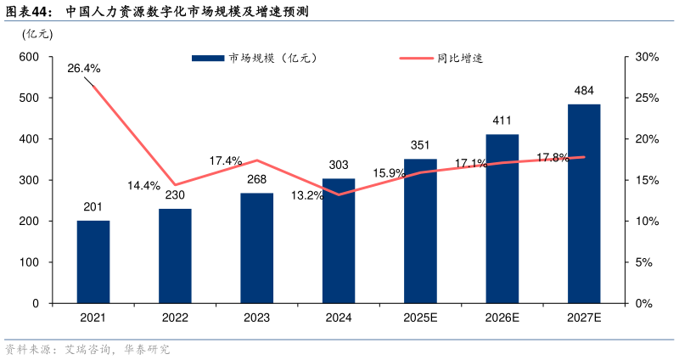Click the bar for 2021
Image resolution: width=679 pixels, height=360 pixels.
pyautogui.click(x=93, y=262)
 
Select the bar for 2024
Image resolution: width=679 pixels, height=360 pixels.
pyautogui.click(x=339, y=240)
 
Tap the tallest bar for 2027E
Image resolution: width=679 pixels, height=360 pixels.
pyautogui.click(x=584, y=204)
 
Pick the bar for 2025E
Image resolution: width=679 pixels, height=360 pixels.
pyautogui.click(x=420, y=231)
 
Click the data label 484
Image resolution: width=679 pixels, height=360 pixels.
pyautogui.click(x=584, y=90)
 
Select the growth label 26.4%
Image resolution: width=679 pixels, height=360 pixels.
pyautogui.click(x=84, y=68)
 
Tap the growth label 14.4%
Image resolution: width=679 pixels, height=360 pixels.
pyautogui.click(x=143, y=185)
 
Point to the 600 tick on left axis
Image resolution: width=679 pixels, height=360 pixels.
pyautogui.click(x=30, y=57)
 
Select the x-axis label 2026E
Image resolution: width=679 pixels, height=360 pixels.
pyautogui.click(x=502, y=318)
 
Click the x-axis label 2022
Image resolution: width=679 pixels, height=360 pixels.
pyautogui.click(x=175, y=318)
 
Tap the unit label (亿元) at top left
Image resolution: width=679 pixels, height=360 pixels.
pyautogui.click(x=37, y=34)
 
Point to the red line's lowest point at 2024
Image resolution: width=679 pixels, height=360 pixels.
pyautogui.click(x=339, y=194)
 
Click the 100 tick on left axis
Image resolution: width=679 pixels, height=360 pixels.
pyautogui.click(x=30, y=262)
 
